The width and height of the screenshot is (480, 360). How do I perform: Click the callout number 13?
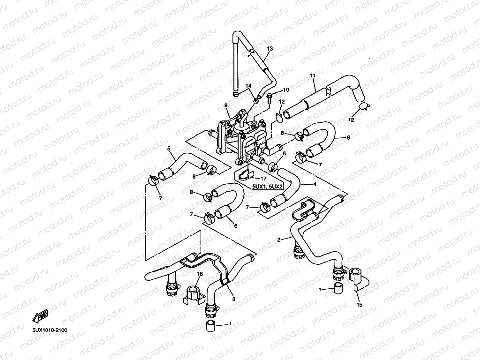click(x=270, y=48)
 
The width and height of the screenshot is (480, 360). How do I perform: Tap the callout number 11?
click(x=313, y=75)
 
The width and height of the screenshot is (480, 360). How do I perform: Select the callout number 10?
click(x=286, y=89)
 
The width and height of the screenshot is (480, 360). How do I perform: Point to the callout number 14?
click(x=249, y=85)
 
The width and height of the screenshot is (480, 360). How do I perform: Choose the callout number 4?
click(x=315, y=184)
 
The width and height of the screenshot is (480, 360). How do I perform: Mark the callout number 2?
click(x=279, y=240)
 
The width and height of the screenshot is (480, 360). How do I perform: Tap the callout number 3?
click(x=233, y=299)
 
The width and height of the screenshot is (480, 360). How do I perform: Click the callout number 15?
click(x=360, y=305)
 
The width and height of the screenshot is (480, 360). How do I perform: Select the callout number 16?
click(x=200, y=274)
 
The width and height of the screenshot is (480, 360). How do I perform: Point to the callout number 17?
click(x=264, y=178)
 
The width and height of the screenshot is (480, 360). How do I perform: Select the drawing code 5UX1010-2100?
click(x=50, y=330)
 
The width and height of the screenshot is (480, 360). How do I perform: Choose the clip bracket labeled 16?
click(x=193, y=294)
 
